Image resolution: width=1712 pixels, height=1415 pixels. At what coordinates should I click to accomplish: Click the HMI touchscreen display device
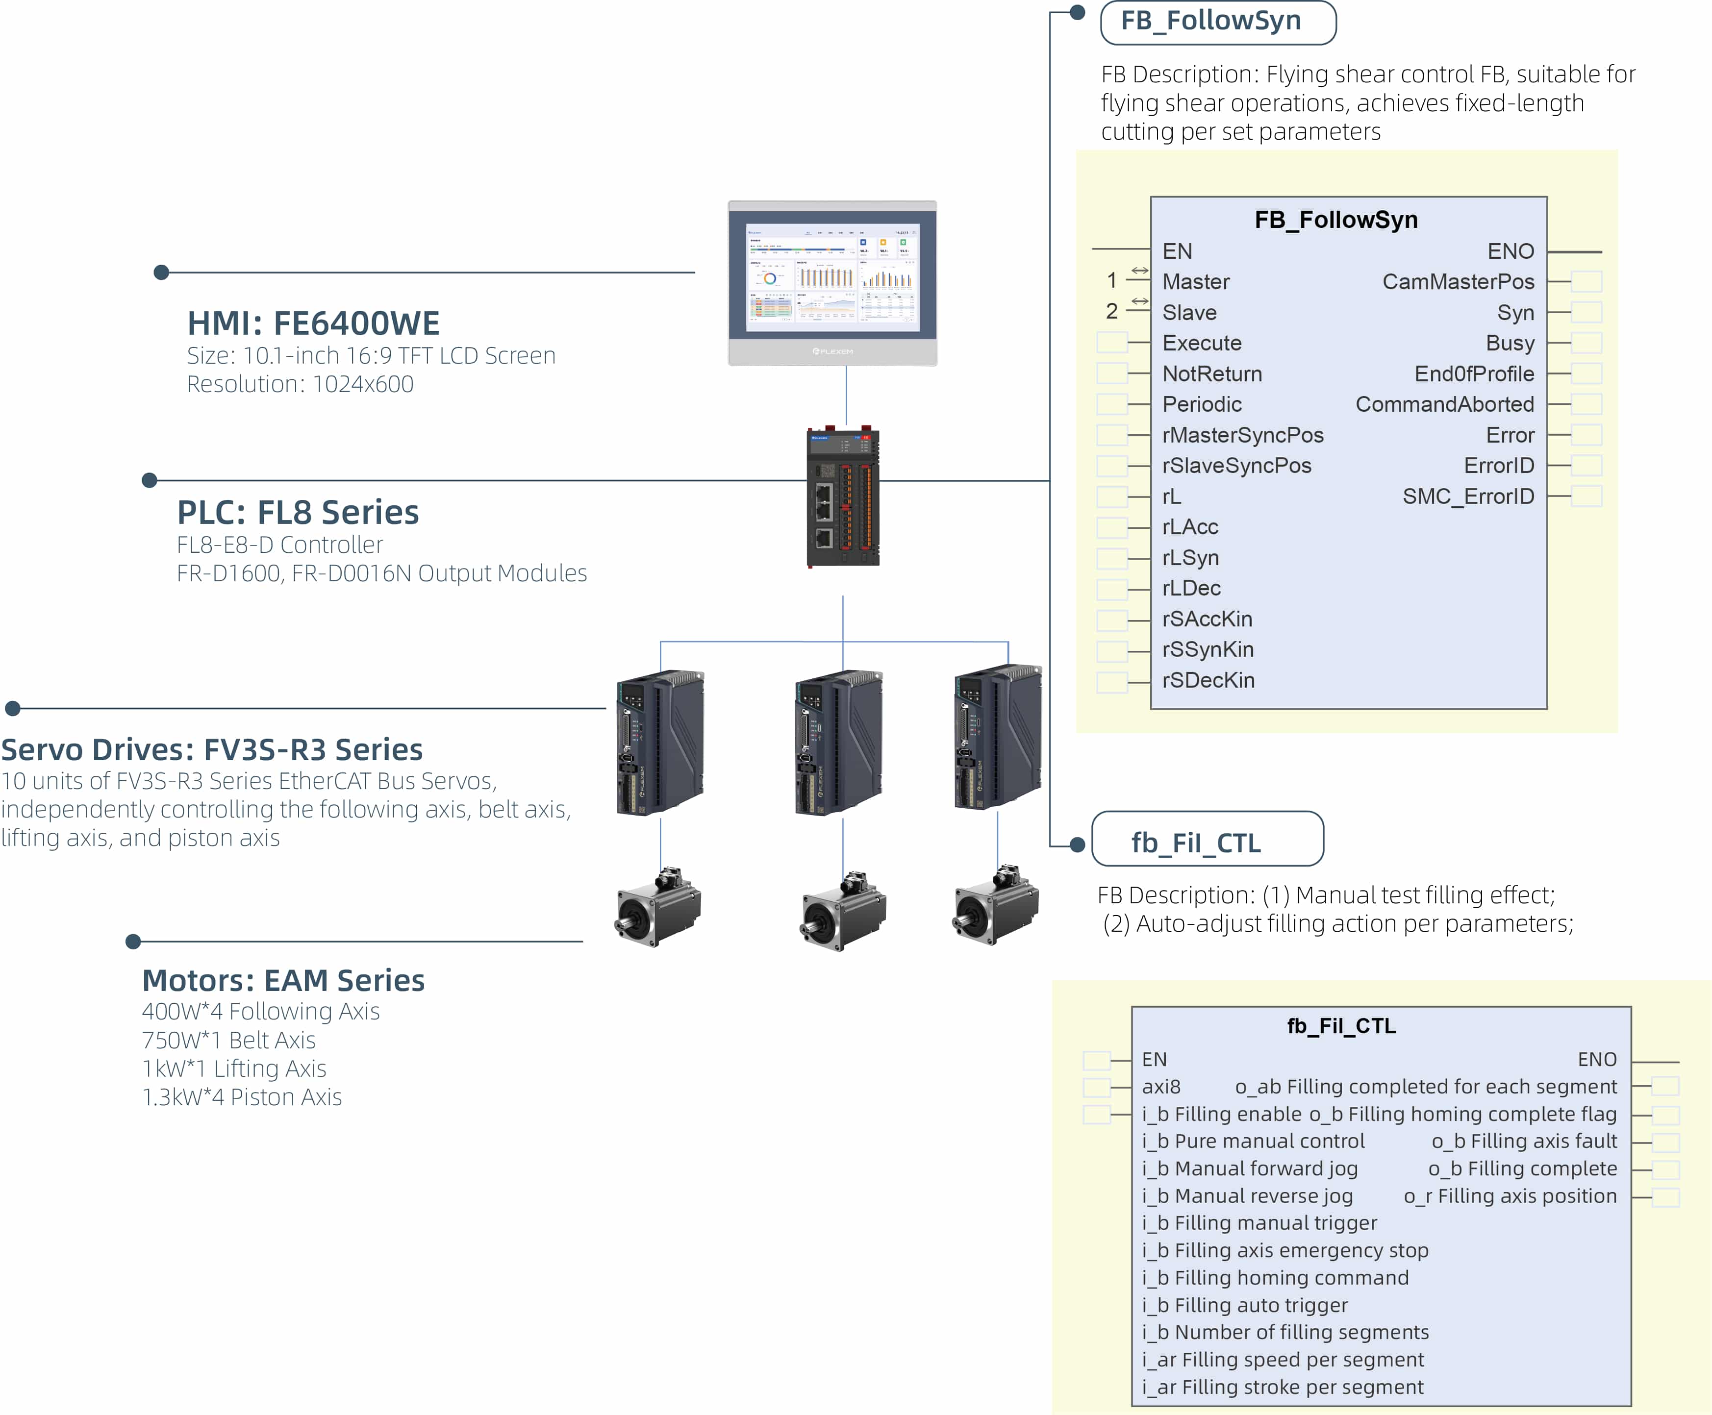point(832,283)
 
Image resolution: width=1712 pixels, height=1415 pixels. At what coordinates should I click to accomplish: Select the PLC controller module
point(843,496)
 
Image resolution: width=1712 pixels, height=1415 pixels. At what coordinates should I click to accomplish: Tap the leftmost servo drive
point(660,742)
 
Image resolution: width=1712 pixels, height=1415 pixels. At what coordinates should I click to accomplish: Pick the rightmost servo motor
point(995,905)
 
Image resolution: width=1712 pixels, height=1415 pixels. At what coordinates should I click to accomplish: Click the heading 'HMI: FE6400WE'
point(314,323)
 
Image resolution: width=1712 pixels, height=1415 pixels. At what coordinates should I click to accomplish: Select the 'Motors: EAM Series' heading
point(284,981)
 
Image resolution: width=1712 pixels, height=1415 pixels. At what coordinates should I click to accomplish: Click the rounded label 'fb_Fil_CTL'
point(1208,839)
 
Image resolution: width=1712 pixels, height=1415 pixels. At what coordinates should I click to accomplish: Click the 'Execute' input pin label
point(1202,343)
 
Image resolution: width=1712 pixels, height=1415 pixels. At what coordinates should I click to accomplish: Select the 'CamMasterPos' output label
point(1459,282)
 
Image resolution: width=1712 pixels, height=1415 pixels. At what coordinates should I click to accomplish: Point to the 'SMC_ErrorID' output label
point(1468,496)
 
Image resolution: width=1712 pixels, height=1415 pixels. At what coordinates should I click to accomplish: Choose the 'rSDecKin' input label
point(1208,681)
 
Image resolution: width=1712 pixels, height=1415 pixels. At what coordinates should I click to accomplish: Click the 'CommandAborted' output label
point(1445,404)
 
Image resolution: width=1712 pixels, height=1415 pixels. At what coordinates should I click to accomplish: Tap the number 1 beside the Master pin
point(1112,280)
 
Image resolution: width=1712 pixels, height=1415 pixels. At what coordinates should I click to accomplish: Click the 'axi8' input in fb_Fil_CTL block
point(1161,1087)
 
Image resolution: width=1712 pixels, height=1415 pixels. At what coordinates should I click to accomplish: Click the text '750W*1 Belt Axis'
point(228,1040)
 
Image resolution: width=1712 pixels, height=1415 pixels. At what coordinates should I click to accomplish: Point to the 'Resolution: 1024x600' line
point(300,384)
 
